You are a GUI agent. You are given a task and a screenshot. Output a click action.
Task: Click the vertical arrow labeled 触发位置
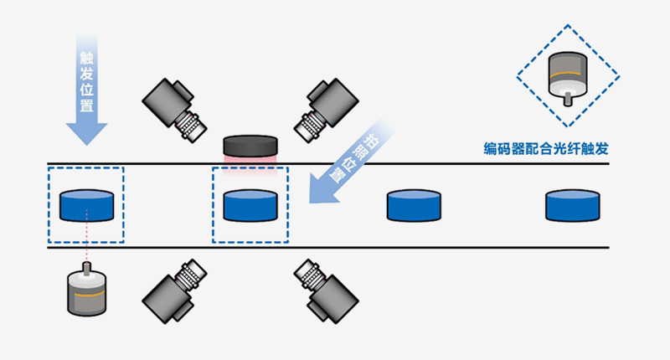(x=87, y=84)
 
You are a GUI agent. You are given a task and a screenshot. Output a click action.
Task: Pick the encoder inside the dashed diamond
(x=566, y=77)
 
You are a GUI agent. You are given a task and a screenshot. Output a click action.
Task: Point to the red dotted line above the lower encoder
(x=86, y=244)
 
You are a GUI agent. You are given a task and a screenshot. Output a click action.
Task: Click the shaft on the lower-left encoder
(x=86, y=269)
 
